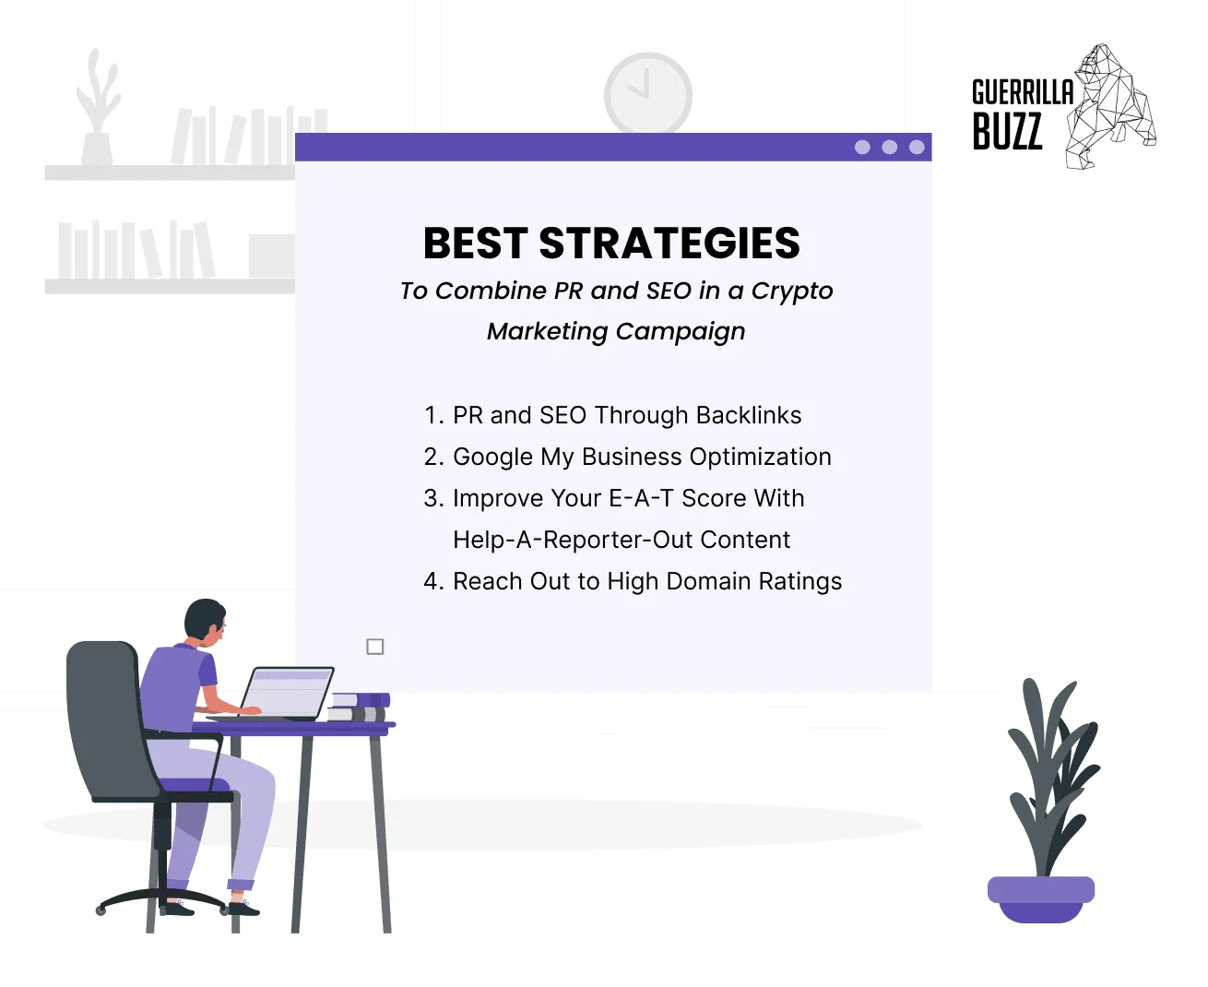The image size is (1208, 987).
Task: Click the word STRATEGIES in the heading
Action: (669, 244)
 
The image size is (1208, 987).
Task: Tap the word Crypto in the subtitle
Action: (791, 291)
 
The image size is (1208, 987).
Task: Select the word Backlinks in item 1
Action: (749, 415)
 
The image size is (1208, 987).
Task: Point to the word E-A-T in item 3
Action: (642, 498)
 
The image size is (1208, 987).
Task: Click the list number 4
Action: (432, 581)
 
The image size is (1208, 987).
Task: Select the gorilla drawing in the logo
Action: (1111, 106)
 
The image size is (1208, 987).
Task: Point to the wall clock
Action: (647, 93)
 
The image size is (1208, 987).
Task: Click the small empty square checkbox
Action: (375, 647)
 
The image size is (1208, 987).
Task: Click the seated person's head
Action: (205, 622)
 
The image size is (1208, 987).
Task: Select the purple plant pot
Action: (1040, 898)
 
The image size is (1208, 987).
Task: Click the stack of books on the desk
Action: (359, 707)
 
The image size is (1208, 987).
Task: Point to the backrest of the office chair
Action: (106, 719)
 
